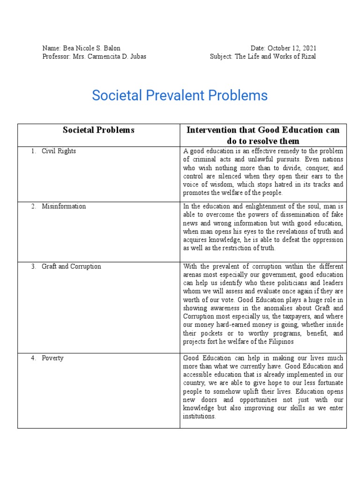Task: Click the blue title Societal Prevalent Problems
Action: click(180, 96)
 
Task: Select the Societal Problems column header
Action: click(98, 130)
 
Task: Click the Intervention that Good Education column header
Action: click(262, 130)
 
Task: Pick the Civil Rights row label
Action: click(59, 151)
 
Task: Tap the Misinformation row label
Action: click(64, 206)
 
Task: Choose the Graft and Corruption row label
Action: click(71, 266)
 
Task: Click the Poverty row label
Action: click(52, 358)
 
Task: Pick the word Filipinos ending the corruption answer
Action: click(279, 342)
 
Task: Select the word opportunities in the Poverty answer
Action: click(262, 400)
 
